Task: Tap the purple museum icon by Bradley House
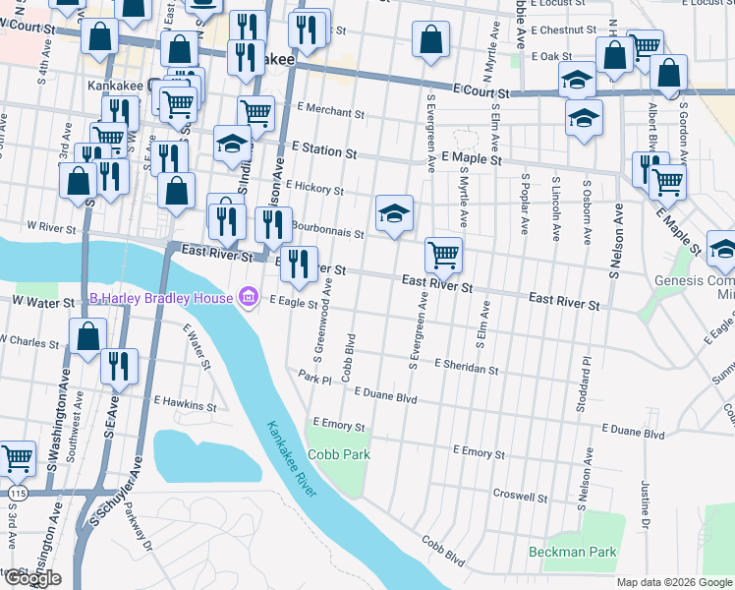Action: (248, 298)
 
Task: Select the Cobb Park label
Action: (338, 454)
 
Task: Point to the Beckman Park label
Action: (573, 552)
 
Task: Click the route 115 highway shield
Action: (9, 488)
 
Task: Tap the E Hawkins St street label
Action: (185, 404)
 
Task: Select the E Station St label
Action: (322, 151)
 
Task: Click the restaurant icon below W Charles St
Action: (119, 365)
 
